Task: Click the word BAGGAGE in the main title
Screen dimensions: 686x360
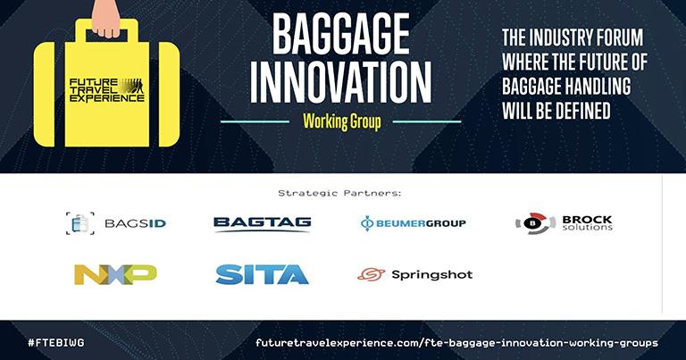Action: [x=341, y=34]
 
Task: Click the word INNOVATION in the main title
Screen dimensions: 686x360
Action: [x=340, y=83]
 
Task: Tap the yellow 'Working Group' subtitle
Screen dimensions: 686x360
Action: [x=342, y=121]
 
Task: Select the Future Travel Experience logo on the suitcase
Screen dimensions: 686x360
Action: [x=107, y=90]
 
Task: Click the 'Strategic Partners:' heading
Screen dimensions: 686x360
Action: [x=339, y=193]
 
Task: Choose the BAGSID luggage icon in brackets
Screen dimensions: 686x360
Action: [x=80, y=223]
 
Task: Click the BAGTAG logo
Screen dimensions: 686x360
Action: [x=262, y=223]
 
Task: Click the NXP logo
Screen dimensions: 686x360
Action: [x=115, y=274]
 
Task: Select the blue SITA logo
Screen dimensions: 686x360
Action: [x=262, y=274]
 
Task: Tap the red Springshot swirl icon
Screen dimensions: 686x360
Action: [x=371, y=274]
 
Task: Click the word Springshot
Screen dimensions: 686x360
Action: [x=431, y=275]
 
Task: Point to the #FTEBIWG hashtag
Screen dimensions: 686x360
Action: [x=56, y=342]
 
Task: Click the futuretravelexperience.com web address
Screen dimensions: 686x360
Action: [x=456, y=343]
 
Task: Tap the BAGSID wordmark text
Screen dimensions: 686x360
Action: [x=135, y=223]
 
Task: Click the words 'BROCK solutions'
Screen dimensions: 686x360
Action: [x=587, y=223]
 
